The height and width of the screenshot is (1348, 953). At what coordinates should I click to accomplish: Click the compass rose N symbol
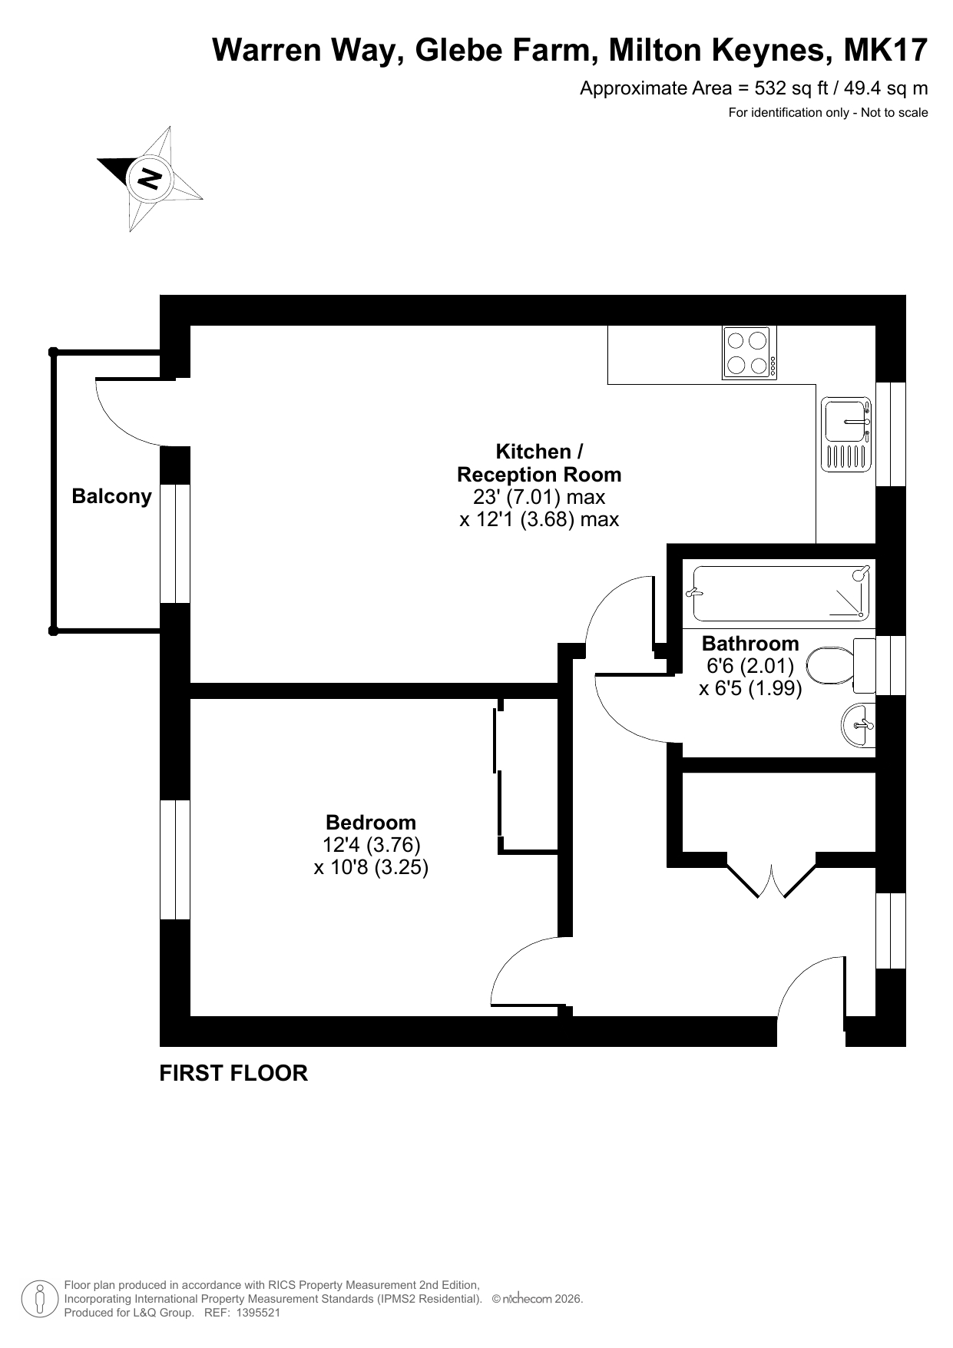pos(149,178)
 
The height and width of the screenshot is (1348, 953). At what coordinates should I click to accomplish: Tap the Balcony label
pos(112,496)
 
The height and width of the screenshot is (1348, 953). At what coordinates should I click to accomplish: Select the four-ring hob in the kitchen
pos(749,353)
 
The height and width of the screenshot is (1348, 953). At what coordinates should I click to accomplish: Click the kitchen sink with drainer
pos(846,434)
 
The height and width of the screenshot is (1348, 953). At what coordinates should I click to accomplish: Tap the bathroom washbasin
pos(859,725)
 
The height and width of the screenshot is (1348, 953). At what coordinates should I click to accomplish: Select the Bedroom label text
pos(371,823)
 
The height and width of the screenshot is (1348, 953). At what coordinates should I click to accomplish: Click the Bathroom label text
pos(750,644)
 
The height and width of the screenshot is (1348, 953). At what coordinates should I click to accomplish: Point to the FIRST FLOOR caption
pos(233,1073)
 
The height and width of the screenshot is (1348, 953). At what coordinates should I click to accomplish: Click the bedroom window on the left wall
pos(175,859)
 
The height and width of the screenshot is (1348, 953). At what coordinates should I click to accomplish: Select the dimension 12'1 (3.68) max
pos(539,520)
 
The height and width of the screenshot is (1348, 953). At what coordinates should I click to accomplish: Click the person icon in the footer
pos(38,1299)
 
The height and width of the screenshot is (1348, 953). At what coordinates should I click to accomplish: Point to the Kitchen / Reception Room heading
pos(539,463)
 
